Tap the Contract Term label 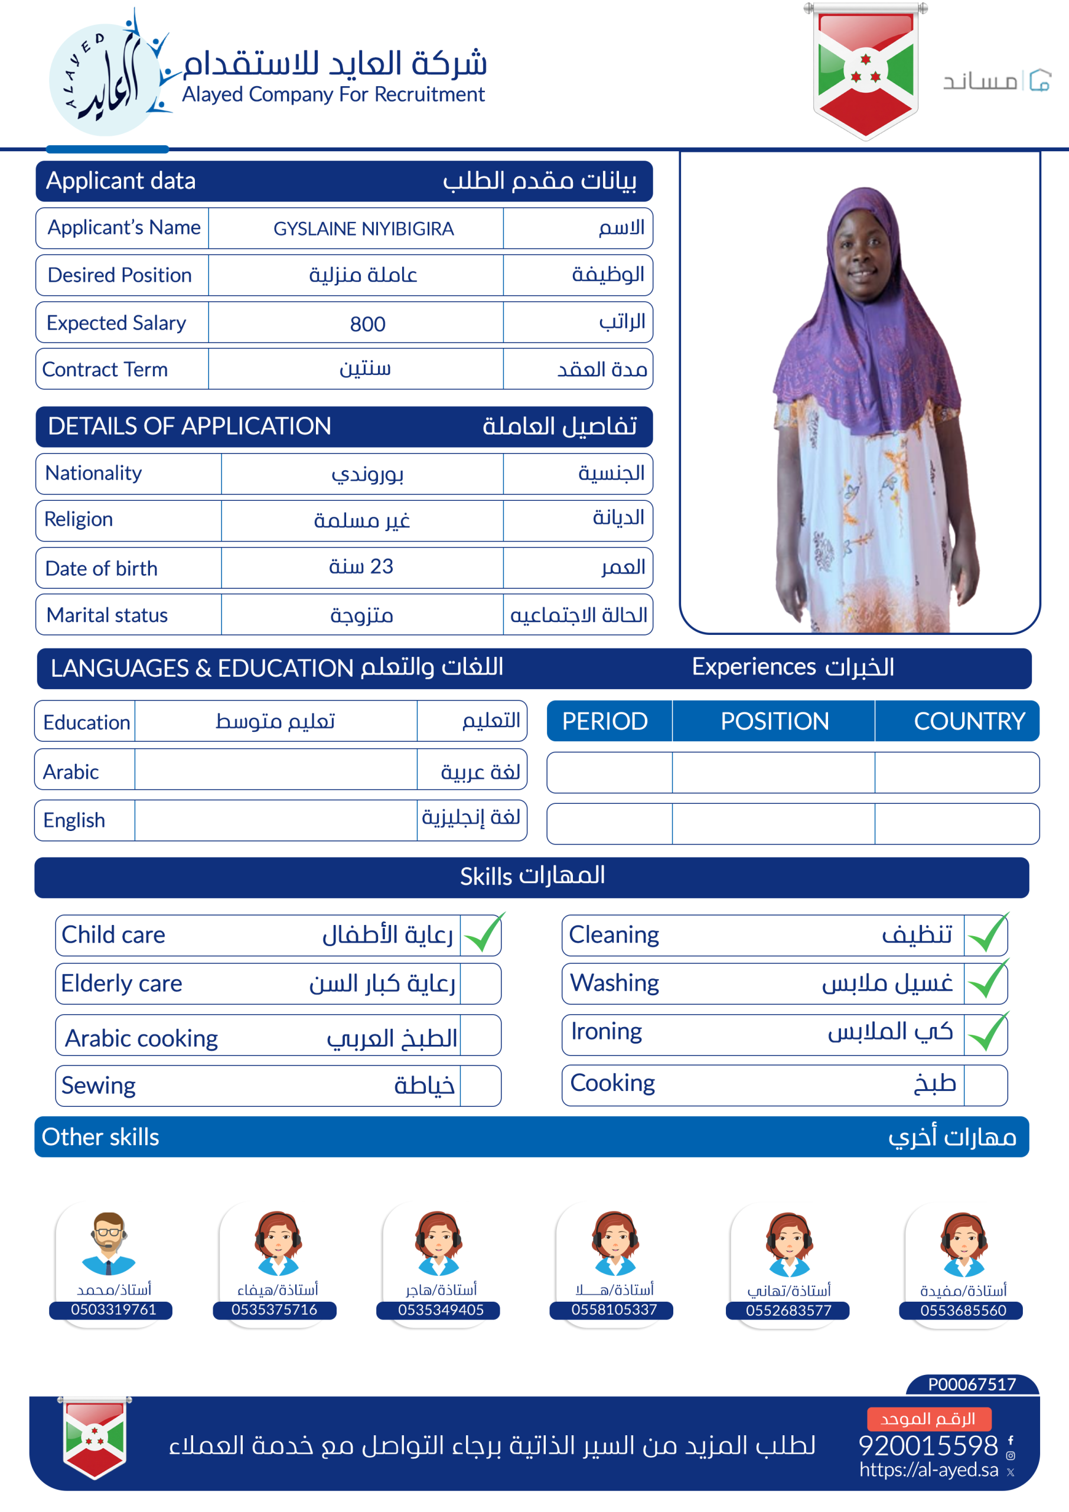coord(105,370)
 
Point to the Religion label coord(79,520)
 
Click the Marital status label coord(107,615)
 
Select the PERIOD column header coord(605,721)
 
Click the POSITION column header coord(774,721)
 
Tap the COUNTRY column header coord(969,721)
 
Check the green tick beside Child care coord(483,934)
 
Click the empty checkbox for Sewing coord(480,1085)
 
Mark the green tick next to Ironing coord(987,1032)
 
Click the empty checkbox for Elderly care coord(480,984)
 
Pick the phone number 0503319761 coord(113,1309)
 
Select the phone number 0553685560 coord(963,1311)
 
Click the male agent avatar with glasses coord(109,1243)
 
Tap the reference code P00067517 coord(972,1384)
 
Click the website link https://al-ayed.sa coord(928,1470)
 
